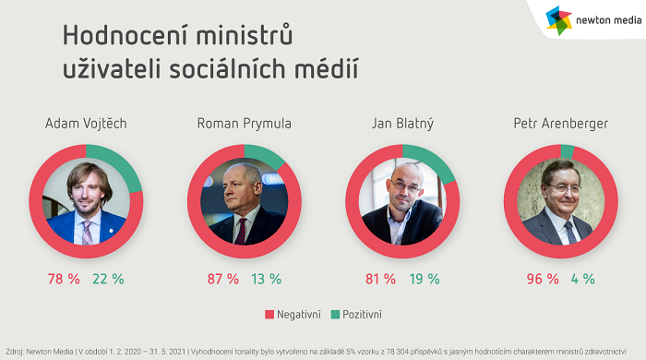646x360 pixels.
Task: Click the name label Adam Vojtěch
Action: pyautogui.click(x=86, y=123)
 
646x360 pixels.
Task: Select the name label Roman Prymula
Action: pyautogui.click(x=244, y=123)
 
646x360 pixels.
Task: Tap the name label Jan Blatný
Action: pyautogui.click(x=402, y=123)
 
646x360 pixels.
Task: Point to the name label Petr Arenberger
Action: pyautogui.click(x=561, y=123)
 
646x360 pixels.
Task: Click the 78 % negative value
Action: pyautogui.click(x=63, y=279)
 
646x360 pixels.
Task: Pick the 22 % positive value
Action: pyautogui.click(x=107, y=279)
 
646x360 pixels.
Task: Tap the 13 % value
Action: pyautogui.click(x=266, y=279)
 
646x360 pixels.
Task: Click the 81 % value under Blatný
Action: pyautogui.click(x=380, y=279)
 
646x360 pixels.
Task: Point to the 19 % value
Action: pyautogui.click(x=425, y=279)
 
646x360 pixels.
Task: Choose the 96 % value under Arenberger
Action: pyautogui.click(x=543, y=279)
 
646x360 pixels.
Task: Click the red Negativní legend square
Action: pyautogui.click(x=269, y=315)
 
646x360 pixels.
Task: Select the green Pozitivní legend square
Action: pyautogui.click(x=337, y=315)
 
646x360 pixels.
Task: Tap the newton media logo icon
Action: pyautogui.click(x=558, y=19)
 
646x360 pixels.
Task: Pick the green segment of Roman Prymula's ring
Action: pyautogui.click(x=269, y=155)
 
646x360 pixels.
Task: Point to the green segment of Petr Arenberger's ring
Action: pyautogui.click(x=567, y=151)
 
